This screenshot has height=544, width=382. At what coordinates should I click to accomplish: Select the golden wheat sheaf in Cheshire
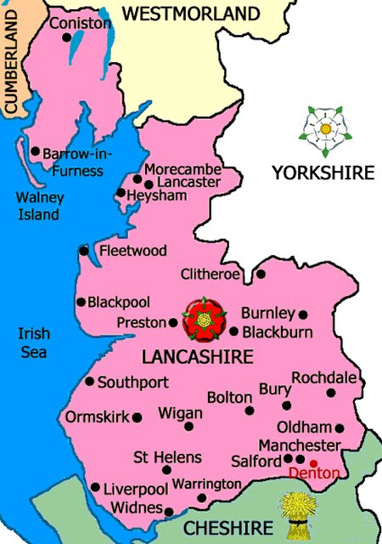297,515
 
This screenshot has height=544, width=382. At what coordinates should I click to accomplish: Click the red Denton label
314,473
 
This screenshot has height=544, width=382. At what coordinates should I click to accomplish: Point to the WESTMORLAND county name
190,14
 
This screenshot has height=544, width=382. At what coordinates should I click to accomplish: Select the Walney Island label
39,207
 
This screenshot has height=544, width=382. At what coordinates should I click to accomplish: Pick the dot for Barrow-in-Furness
36,152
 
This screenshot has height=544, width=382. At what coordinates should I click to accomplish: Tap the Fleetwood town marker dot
83,250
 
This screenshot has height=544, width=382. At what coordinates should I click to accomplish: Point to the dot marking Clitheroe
261,274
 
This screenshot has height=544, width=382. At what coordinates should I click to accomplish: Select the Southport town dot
89,382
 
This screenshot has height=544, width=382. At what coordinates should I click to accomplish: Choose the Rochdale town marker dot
331,393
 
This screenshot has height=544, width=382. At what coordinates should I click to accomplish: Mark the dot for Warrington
201,498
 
